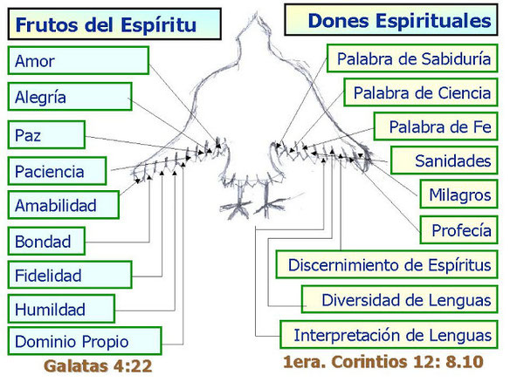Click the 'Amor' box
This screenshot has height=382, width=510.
click(x=79, y=60)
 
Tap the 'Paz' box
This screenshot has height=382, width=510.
click(x=46, y=135)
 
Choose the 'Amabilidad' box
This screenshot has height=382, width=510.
click(x=64, y=205)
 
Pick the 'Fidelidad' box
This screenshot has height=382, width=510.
click(x=70, y=275)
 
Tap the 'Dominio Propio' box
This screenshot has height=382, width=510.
click(x=85, y=341)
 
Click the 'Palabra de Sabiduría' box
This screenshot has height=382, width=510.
click(x=412, y=58)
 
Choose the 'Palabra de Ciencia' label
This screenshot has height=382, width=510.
click(x=421, y=92)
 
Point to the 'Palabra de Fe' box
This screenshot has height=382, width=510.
click(x=436, y=126)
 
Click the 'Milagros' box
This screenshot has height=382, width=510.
click(x=459, y=194)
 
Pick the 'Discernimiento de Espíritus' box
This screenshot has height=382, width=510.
click(x=387, y=264)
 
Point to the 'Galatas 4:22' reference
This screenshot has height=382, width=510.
click(x=98, y=366)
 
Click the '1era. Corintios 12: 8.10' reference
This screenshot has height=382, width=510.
click(x=383, y=362)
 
